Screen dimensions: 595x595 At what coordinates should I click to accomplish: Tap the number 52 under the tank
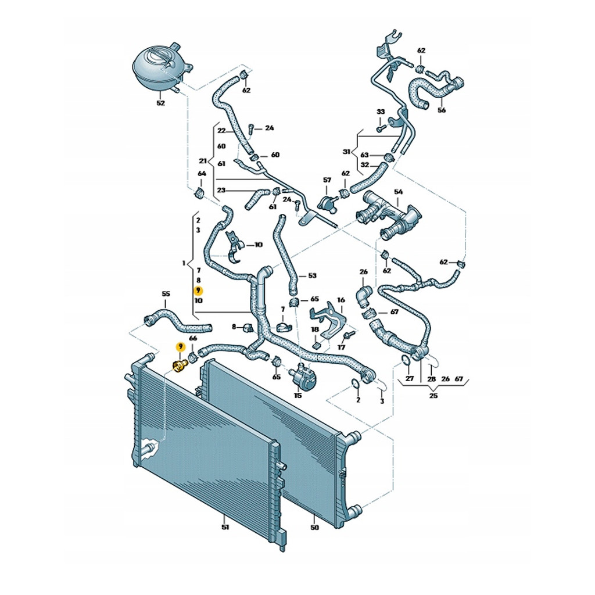coord(161,103)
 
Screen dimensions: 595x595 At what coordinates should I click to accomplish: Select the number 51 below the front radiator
coord(225,528)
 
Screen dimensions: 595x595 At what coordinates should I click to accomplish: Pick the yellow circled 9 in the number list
coord(198,291)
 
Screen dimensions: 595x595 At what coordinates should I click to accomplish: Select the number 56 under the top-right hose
coord(442,110)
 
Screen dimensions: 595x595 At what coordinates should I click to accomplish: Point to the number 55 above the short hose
coord(166,295)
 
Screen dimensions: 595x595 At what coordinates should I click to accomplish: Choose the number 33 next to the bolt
coord(381,112)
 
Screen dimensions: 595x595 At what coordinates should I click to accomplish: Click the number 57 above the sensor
coord(327,180)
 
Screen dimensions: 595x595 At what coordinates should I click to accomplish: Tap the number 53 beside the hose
coord(312,275)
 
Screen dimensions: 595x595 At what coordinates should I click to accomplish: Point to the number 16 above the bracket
coord(341,300)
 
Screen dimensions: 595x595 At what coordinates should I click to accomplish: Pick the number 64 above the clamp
coord(202,174)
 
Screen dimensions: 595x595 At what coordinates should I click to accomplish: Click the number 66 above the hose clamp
coord(193,338)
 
